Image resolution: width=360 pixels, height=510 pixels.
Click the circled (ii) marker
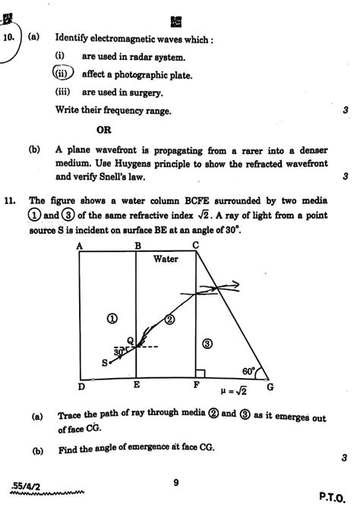coord(62,74)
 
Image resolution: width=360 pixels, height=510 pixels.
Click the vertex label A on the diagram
coord(79,245)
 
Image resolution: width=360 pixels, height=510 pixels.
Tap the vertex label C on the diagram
coord(196,244)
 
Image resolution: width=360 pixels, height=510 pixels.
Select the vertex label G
coord(270,386)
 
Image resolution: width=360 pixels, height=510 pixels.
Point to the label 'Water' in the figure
coord(166,259)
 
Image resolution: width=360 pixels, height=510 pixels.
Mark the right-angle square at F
coord(199,373)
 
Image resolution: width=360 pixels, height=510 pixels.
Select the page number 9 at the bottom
coord(175,480)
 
